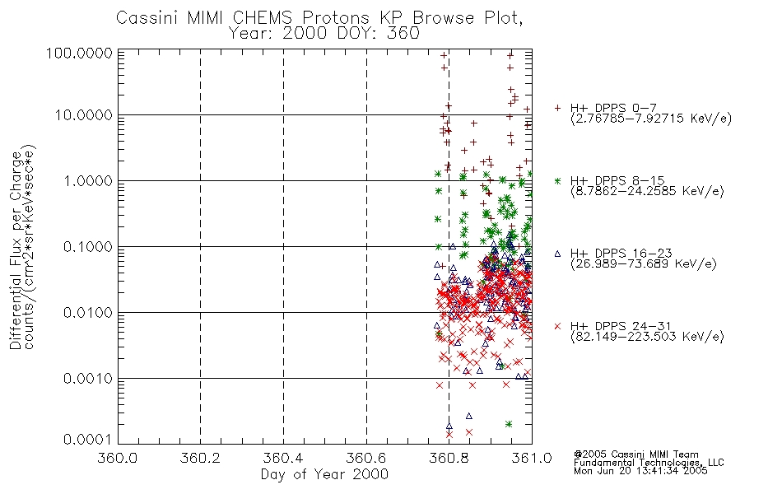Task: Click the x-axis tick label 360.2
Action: point(200,458)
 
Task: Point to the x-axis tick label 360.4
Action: point(283,458)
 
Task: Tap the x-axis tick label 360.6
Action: point(366,458)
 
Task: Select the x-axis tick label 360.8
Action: point(449,458)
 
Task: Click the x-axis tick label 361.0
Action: point(532,458)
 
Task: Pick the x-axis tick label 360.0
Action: point(118,458)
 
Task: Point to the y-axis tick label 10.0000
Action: point(83,115)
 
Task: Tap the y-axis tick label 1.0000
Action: point(86,181)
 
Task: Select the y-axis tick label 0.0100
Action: point(86,313)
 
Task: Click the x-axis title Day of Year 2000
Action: point(324,474)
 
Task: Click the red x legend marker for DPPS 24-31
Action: point(557,326)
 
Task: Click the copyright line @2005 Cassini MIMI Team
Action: point(636,454)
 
